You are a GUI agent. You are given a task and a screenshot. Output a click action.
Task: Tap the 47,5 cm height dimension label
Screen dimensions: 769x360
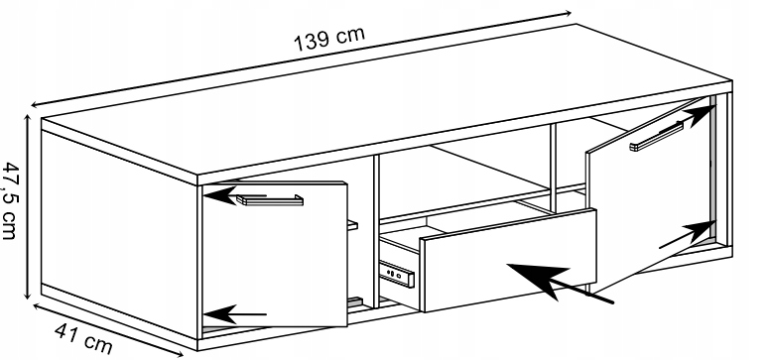pos(11,200)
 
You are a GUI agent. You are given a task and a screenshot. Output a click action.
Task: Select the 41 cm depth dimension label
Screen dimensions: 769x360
pos(83,338)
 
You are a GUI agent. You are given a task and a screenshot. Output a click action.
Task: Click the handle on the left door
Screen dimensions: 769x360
pos(270,199)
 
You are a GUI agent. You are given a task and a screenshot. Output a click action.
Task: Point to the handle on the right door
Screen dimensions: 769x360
pos(657,136)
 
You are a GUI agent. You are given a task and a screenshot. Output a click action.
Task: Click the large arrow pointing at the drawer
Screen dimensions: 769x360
pos(560,283)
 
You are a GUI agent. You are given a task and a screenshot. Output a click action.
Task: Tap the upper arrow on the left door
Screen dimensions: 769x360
pos(234,195)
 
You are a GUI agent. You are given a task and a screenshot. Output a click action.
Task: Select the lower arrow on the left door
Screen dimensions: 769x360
pos(234,314)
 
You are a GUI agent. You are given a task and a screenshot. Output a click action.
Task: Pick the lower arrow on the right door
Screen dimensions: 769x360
pos(687,234)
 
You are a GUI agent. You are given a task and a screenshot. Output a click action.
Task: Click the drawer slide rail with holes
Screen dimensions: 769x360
pos(397,272)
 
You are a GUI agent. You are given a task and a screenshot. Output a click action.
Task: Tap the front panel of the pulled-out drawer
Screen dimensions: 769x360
pos(508,260)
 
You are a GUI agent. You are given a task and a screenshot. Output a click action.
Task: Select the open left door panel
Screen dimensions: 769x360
pos(275,255)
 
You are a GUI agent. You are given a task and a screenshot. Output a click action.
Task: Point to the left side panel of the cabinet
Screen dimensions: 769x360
pos(119,234)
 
